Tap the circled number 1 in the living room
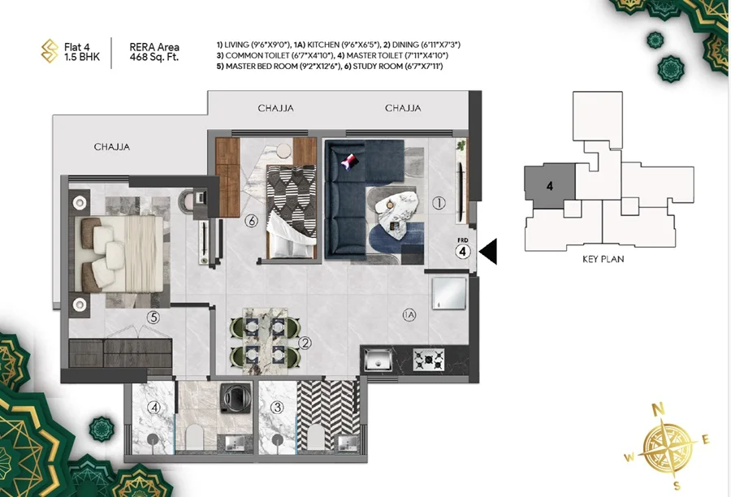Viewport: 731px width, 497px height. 439,203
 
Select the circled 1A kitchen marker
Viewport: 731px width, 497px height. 409,315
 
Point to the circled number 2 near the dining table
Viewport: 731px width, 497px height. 305,344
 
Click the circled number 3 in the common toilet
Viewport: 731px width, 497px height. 278,408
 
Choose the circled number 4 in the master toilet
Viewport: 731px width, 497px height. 154,408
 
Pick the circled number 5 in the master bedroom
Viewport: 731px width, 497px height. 154,318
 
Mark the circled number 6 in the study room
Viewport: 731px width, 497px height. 252,221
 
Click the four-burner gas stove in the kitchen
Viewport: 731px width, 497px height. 429,360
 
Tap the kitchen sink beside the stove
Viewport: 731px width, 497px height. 378,360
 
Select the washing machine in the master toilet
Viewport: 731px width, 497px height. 236,398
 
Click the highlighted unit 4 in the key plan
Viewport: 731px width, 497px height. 551,186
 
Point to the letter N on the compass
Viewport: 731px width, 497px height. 658,410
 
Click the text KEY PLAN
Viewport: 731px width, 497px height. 603,259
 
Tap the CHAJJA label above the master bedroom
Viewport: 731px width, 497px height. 112,147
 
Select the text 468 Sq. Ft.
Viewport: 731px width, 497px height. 154,58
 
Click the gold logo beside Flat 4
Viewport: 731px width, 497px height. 50,51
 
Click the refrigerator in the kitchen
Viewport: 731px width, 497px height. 448,293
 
